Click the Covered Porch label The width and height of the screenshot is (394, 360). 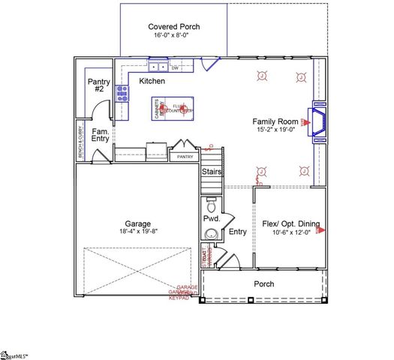click(174, 26)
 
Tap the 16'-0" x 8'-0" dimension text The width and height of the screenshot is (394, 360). click(174, 36)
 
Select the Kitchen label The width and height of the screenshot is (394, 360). click(152, 80)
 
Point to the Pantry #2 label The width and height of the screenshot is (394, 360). click(99, 85)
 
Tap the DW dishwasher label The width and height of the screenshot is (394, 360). click(174, 68)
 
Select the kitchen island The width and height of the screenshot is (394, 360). click(173, 109)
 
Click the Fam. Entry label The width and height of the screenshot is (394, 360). click(101, 136)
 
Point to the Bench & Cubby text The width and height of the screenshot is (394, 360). click(81, 142)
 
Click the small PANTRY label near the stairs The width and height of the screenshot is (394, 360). click(185, 157)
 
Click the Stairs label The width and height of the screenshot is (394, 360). click(212, 172)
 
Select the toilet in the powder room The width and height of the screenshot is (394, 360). click(210, 204)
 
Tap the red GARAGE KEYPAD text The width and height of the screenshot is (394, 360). click(187, 293)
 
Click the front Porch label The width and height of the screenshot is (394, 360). click(263, 284)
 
